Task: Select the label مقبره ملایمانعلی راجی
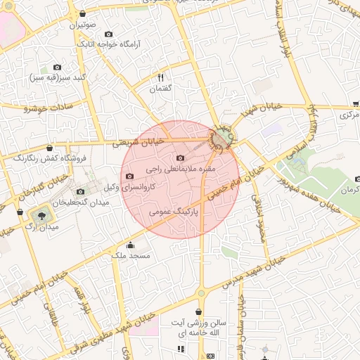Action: [x=181, y=169]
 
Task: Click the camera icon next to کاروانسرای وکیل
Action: [x=129, y=176]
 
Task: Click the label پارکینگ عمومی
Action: [x=174, y=210]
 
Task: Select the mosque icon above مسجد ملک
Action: [x=130, y=245]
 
